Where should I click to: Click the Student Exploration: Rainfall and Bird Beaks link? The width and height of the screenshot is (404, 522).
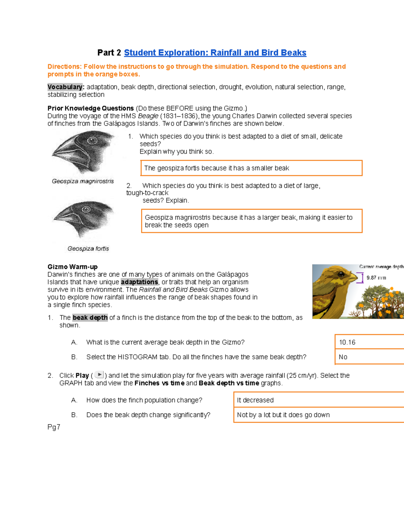[x=215, y=53]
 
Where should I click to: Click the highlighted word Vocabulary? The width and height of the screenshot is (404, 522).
[x=65, y=87]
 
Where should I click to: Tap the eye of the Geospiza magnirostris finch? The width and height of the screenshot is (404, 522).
[x=92, y=141]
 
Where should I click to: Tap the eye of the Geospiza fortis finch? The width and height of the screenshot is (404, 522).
[x=86, y=209]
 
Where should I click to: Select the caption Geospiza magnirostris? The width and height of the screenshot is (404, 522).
[x=83, y=181]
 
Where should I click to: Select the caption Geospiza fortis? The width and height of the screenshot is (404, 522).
[x=88, y=249]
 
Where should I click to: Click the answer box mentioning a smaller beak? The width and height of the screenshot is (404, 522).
[x=251, y=168]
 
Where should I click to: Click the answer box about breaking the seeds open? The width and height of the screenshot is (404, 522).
[x=251, y=221]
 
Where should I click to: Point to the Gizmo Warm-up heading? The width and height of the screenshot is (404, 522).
[x=72, y=267]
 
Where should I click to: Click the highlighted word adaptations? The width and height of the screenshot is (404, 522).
[x=139, y=282]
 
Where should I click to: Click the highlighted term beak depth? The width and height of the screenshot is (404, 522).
[x=90, y=318]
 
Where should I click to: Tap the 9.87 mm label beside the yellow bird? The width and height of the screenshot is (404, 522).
[x=376, y=278]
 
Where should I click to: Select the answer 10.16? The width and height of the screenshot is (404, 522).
[x=347, y=342]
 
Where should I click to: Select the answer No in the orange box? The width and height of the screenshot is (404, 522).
[x=343, y=357]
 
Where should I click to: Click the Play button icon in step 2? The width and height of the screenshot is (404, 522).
[x=99, y=375]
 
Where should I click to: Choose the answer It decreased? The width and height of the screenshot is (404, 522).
[x=255, y=400]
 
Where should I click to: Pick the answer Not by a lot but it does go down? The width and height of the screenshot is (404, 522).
[x=283, y=415]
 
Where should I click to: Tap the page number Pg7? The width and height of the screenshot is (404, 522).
[x=54, y=427]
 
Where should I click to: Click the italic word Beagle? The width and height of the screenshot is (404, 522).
[x=148, y=116]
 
